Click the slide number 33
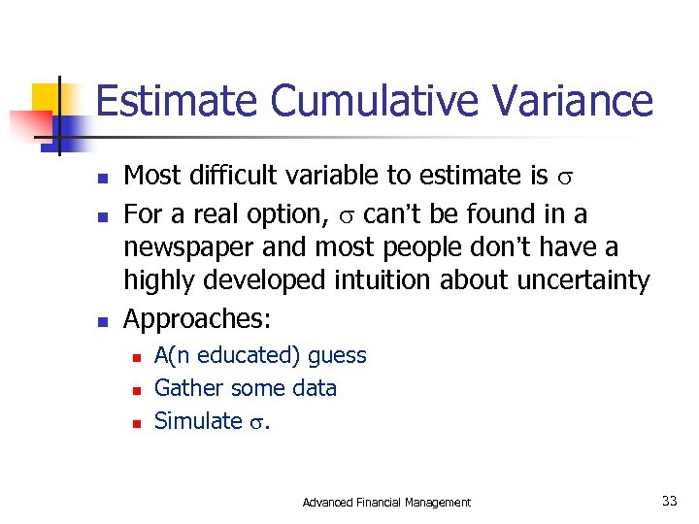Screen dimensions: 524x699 click(x=669, y=501)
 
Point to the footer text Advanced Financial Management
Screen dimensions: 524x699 click(x=386, y=502)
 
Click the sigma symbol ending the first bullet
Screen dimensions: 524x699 click(x=567, y=178)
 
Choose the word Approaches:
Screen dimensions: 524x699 click(x=198, y=318)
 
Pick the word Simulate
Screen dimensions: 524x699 click(x=198, y=420)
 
